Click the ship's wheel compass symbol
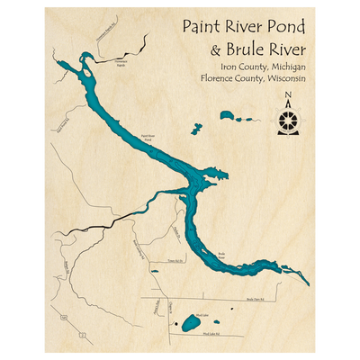[287, 120]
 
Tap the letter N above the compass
[287, 99]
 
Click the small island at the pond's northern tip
[83, 60]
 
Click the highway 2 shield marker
[81, 335]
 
